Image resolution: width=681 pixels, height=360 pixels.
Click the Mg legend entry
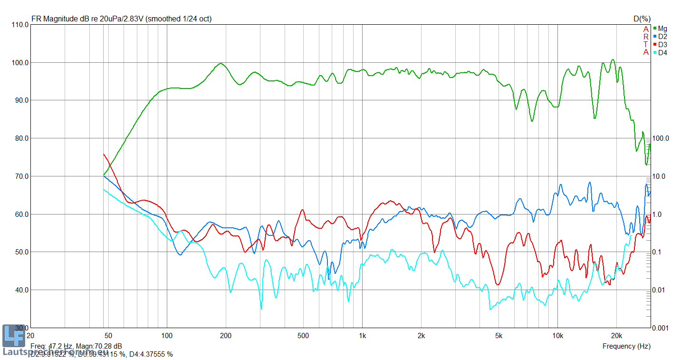tap(662, 29)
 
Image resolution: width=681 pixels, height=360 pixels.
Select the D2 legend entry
tap(662, 37)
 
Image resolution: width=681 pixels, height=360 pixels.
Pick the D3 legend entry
tap(662, 45)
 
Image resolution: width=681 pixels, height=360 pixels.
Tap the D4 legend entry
tap(662, 53)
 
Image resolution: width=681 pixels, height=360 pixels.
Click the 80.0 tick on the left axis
tap(20, 138)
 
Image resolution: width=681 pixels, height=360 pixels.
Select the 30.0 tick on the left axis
tap(20, 328)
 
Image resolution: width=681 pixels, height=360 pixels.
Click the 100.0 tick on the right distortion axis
tap(661, 138)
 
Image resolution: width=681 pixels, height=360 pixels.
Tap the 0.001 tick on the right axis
tap(661, 328)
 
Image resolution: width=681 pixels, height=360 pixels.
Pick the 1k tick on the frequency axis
tap(362, 335)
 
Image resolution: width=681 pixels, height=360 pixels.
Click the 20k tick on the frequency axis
tap(616, 335)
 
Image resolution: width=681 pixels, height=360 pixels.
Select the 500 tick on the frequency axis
tap(303, 335)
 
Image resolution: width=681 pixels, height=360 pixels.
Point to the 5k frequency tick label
tap(499, 335)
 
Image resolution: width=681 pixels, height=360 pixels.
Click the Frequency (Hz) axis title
tap(626, 346)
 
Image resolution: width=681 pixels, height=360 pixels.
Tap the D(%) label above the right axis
tap(642, 19)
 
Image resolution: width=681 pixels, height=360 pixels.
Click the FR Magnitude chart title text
tap(121, 19)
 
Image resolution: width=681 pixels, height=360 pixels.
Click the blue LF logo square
tap(13, 336)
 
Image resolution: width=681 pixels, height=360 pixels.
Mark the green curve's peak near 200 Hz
tap(221, 63)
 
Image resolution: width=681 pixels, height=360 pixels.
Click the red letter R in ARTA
tap(646, 37)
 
